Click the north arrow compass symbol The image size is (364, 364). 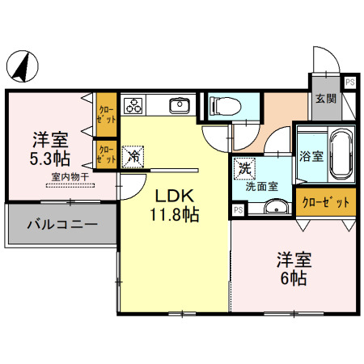click(23, 66)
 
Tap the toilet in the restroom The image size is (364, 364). click(226, 106)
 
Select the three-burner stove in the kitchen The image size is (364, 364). click(133, 105)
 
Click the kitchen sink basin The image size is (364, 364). click(180, 106)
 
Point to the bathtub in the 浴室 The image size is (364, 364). click(341, 154)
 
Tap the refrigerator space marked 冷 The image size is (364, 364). click(133, 157)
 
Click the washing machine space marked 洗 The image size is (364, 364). click(244, 169)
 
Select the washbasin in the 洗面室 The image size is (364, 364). click(277, 207)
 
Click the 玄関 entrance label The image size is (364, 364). click(326, 99)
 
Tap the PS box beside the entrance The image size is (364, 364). click(350, 82)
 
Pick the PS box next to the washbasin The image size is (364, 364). click(239, 210)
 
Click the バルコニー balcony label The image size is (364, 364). click(62, 224)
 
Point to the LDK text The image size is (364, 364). click(175, 196)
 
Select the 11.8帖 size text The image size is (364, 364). click(175, 214)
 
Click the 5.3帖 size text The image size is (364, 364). click(50, 159)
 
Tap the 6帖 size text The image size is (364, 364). click(294, 278)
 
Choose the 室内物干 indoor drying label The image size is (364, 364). click(70, 177)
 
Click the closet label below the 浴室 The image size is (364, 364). click(326, 202)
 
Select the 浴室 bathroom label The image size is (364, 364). click(311, 156)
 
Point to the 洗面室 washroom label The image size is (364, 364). click(261, 187)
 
